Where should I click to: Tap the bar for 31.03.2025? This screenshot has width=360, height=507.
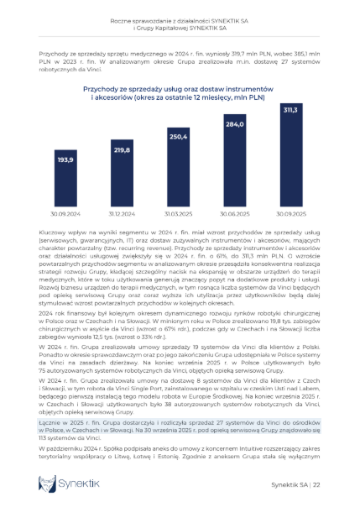[x=178, y=167]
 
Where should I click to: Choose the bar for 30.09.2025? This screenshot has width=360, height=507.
[x=290, y=155]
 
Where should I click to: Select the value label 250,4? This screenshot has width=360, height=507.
[x=178, y=137]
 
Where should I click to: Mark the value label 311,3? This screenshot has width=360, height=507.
[x=290, y=109]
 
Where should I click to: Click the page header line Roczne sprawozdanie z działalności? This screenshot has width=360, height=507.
[x=180, y=22]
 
